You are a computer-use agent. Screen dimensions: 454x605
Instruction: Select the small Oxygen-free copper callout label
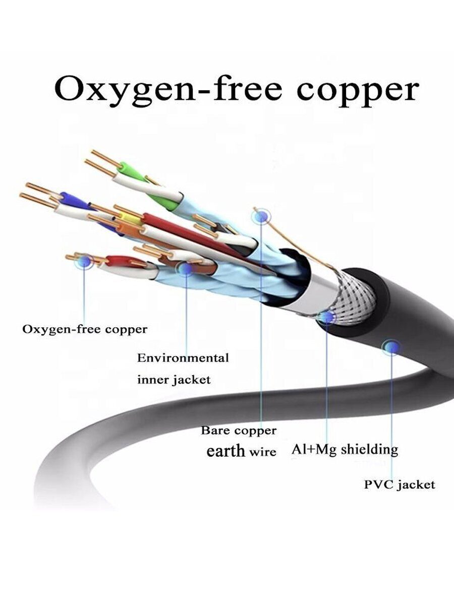click(85, 329)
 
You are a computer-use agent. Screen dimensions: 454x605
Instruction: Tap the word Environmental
click(183, 358)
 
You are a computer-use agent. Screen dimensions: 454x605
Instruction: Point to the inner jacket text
click(174, 380)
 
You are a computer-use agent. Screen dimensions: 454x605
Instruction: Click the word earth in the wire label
click(225, 451)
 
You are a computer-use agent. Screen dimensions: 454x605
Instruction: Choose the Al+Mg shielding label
click(345, 450)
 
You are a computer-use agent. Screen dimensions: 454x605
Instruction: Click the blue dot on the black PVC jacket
click(391, 347)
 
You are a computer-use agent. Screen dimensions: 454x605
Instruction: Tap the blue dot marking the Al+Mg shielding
click(327, 317)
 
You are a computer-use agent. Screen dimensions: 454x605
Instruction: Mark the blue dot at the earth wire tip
click(262, 216)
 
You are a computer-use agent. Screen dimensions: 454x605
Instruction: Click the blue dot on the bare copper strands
click(84, 261)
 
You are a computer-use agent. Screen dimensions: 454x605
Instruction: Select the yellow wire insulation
click(129, 218)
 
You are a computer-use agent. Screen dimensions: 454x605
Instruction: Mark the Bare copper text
click(238, 430)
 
